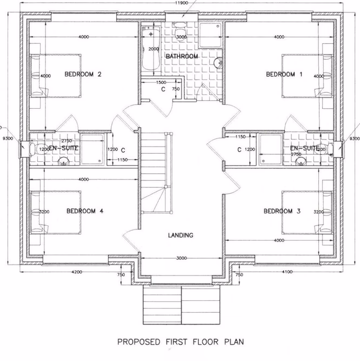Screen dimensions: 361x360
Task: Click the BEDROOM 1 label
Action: coord(284,75)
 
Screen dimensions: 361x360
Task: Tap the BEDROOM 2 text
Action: coord(83,75)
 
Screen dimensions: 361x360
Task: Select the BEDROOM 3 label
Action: coord(282,211)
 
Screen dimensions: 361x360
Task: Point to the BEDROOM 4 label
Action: coord(84,211)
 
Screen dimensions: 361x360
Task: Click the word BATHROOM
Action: coord(182,56)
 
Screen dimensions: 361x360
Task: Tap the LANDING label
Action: coord(181,235)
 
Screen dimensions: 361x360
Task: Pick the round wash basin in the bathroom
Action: coord(218,64)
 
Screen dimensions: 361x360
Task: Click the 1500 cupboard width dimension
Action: coord(161,82)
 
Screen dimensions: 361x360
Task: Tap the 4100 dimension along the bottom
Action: coord(286,272)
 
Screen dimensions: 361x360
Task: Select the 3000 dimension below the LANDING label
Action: coord(181,258)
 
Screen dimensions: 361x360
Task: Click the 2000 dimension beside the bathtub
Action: coord(154,49)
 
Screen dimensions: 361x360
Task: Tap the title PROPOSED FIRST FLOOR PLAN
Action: coord(181,342)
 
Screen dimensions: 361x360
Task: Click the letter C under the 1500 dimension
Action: coord(163,89)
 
